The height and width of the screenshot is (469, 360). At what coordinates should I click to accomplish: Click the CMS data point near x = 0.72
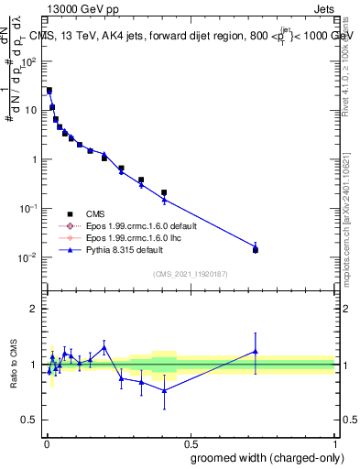(256, 250)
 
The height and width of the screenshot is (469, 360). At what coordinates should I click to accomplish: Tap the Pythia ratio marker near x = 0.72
(256, 351)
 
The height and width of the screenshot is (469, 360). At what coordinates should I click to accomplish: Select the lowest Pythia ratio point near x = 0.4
(164, 390)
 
